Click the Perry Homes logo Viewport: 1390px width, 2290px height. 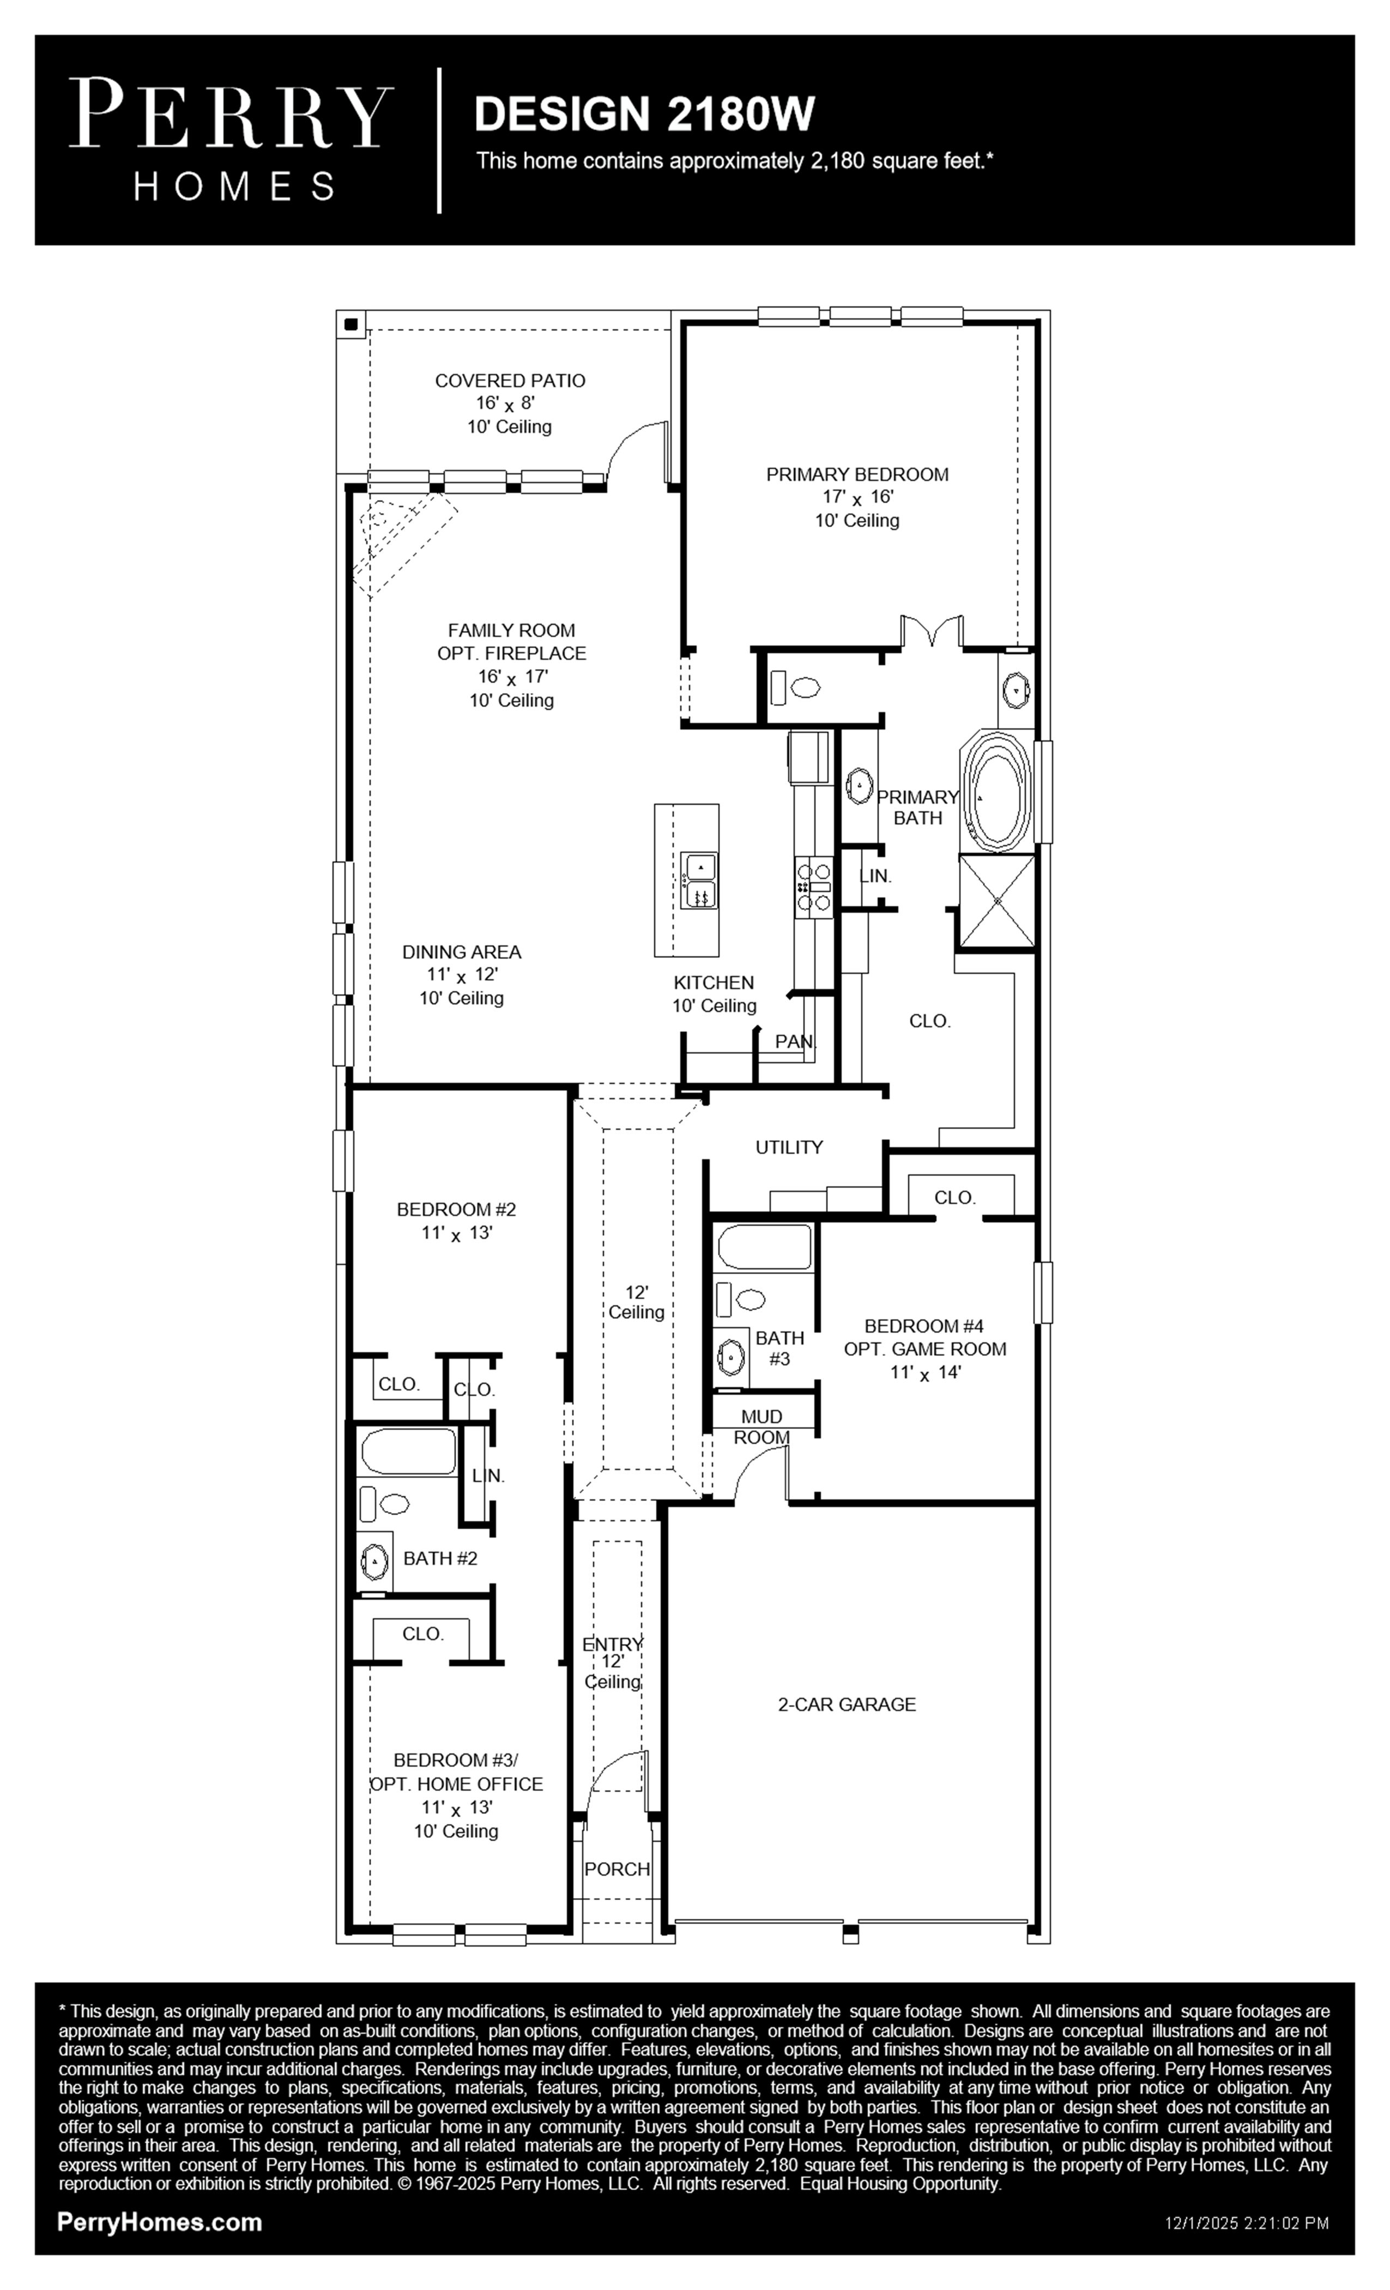[x=231, y=140]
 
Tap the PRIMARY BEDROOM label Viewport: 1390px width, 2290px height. [x=857, y=474]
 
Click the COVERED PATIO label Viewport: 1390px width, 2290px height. [x=510, y=380]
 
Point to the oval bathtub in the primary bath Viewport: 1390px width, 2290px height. [x=997, y=791]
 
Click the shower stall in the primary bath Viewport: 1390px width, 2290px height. [x=996, y=901]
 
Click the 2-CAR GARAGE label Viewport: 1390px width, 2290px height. [x=847, y=1703]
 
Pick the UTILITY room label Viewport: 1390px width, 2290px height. [x=789, y=1147]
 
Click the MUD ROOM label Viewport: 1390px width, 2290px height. [x=762, y=1426]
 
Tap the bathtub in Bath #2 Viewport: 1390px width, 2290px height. [x=408, y=1451]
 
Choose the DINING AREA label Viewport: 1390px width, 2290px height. [x=462, y=951]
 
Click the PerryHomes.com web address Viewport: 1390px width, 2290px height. [x=160, y=2222]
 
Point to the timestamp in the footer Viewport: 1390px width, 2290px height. [x=1248, y=2223]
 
